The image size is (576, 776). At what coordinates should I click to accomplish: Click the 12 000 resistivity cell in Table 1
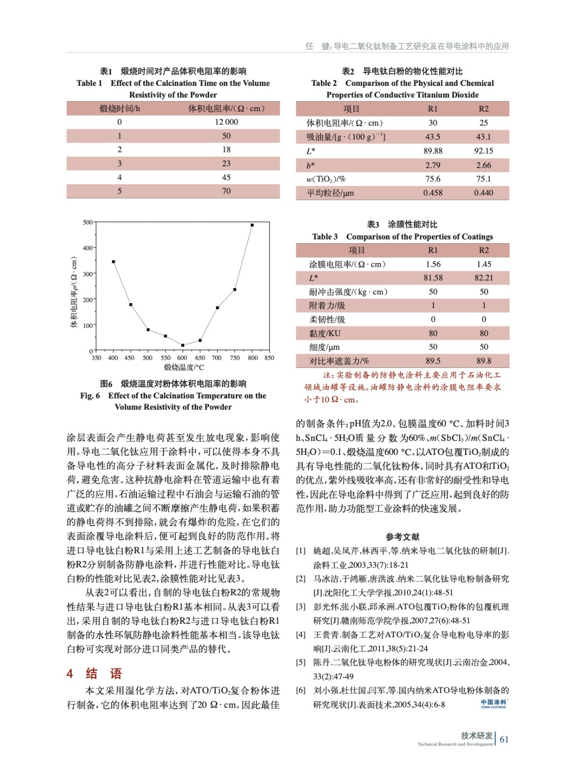226,122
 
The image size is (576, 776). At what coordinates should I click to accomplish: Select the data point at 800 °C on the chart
252,225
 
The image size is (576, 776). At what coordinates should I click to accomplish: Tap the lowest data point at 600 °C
182,345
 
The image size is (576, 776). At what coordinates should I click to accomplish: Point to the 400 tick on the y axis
88,248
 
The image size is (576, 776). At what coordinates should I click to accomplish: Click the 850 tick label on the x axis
269,358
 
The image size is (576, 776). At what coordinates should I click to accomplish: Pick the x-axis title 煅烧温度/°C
183,368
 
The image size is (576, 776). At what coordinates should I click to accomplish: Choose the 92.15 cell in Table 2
483,151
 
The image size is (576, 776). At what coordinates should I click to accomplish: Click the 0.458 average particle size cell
432,193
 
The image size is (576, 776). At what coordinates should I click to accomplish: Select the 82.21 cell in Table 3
483,278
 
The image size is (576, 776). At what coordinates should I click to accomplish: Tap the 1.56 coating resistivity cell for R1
433,264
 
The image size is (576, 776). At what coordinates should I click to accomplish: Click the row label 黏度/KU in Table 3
325,333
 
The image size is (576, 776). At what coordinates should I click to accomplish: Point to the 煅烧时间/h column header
119,109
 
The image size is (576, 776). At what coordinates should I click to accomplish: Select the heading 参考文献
402,536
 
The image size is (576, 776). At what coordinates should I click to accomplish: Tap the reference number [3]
301,607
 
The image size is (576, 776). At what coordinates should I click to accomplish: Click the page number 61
504,740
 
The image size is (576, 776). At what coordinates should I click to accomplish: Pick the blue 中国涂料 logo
494,703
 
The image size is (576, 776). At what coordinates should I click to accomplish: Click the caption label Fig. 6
90,396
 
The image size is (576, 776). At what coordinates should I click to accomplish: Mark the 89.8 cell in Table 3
483,361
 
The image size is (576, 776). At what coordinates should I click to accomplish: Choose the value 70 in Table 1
226,191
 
